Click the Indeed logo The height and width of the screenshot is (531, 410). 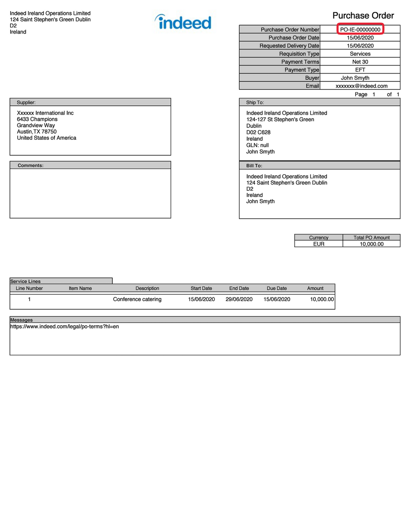point(183,22)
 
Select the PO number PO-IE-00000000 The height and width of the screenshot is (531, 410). point(360,30)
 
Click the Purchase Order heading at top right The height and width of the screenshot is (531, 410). point(363,16)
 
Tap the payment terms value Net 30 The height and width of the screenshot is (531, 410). point(360,62)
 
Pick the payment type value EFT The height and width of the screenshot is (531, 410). point(360,70)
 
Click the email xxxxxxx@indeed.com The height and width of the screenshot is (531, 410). point(361,86)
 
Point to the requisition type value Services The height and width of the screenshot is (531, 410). point(360,54)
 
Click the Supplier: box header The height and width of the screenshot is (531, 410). point(27,102)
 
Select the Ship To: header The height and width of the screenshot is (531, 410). point(255,102)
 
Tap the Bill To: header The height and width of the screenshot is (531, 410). point(254,165)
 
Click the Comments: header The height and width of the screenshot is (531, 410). point(31,165)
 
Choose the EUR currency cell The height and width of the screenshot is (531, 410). point(318,244)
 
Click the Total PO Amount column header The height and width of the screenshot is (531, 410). point(372,238)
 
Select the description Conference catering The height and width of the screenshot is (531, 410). point(137,300)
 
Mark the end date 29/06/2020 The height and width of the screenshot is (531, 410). point(239,300)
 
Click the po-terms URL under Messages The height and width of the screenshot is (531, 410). point(65,327)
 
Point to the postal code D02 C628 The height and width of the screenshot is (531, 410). point(258,132)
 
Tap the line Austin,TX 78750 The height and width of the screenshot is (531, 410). point(37,132)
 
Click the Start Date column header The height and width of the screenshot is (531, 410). point(201,289)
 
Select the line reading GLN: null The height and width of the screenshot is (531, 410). point(257,145)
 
